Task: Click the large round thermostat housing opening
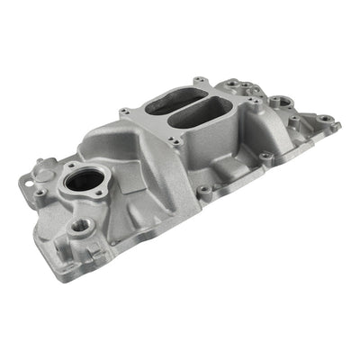pos(84,189)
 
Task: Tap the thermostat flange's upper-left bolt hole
pos(69,166)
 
